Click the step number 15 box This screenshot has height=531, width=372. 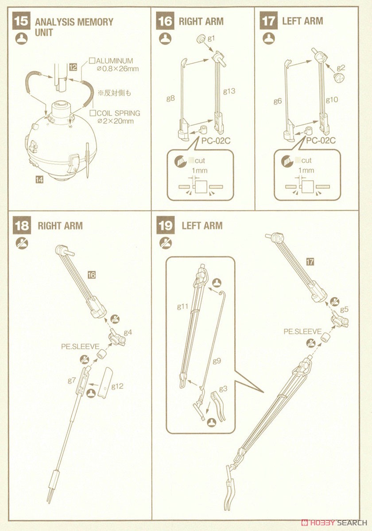[21, 22]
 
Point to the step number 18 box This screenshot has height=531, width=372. [21, 226]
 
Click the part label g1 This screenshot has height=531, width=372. [211, 38]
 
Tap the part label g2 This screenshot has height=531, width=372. [340, 67]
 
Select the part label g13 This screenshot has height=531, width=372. [229, 92]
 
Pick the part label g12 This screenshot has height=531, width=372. [117, 386]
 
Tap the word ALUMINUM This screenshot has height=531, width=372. [114, 61]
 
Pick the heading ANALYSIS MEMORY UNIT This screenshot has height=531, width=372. [74, 27]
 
